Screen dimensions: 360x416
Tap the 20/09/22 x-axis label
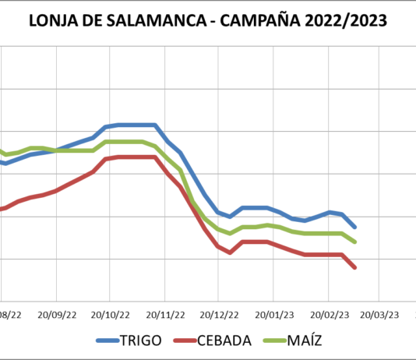(56, 316)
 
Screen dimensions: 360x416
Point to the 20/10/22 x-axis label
(110, 316)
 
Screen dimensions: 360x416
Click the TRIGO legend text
(141, 341)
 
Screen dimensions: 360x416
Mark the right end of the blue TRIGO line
(355, 227)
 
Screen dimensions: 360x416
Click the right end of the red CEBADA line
(355, 267)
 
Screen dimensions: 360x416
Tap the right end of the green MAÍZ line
(355, 242)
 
